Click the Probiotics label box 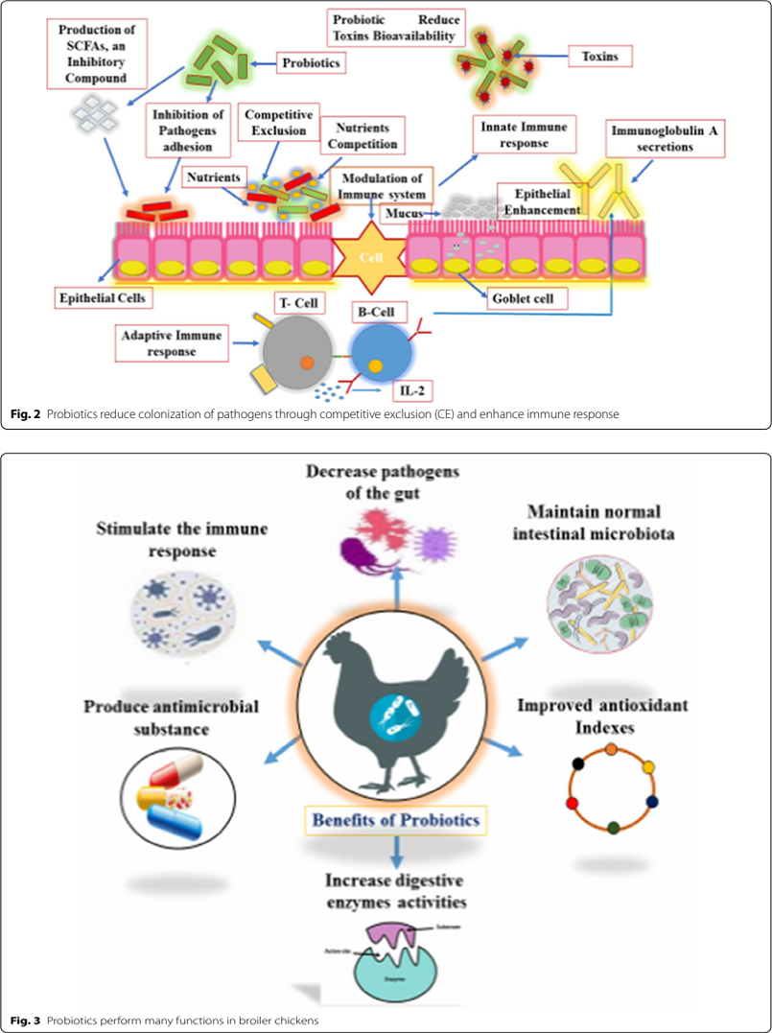tap(311, 62)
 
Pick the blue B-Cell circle tap(382, 352)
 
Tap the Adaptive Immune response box tap(171, 343)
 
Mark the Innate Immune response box tap(523, 135)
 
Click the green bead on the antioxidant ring tap(613, 827)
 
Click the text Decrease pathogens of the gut tap(397, 481)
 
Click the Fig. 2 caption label tap(26, 415)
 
